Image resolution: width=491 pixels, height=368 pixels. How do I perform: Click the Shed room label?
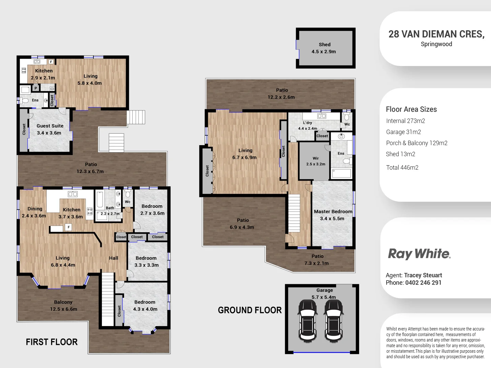click(324, 48)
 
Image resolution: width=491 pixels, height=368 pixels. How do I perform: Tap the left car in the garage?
click(307, 320)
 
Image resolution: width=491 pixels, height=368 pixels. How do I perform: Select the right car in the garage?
click(333, 320)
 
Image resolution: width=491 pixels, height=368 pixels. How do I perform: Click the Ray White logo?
click(419, 254)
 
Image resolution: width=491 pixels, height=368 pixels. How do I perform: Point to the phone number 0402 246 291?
click(423, 283)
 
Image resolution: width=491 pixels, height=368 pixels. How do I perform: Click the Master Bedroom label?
click(333, 215)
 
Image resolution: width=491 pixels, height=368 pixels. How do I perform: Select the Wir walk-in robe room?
click(315, 161)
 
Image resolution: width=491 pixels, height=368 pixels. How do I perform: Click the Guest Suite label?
click(50, 129)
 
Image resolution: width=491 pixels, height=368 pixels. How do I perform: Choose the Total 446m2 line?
click(402, 168)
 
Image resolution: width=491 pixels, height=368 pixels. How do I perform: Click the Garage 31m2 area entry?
click(403, 132)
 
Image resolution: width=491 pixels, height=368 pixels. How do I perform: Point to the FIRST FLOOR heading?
click(52, 342)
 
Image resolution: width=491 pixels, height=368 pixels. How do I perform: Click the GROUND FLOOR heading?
click(250, 310)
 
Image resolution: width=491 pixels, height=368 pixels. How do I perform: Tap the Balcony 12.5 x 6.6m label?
click(63, 306)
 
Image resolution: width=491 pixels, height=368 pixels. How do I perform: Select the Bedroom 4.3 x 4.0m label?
click(145, 306)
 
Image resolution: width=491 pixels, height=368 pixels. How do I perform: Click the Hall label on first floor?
click(114, 258)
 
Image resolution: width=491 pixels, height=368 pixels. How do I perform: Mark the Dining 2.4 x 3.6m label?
click(34, 212)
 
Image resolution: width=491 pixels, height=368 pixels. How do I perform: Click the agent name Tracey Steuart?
click(423, 275)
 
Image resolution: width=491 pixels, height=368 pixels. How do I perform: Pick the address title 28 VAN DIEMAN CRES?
click(436, 34)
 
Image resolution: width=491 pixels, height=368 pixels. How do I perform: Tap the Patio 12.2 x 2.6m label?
click(281, 94)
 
